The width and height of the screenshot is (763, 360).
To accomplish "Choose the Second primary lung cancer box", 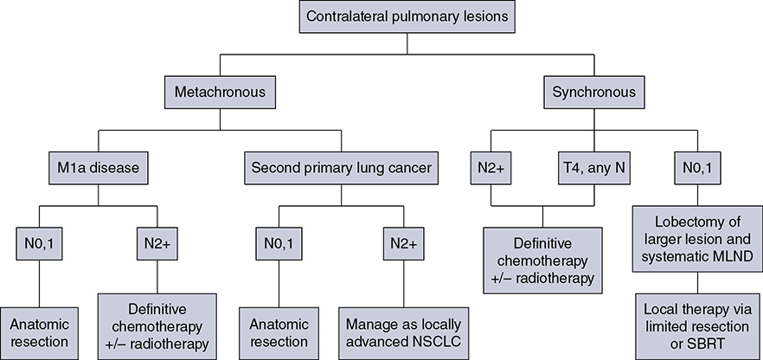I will [x=340, y=166].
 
